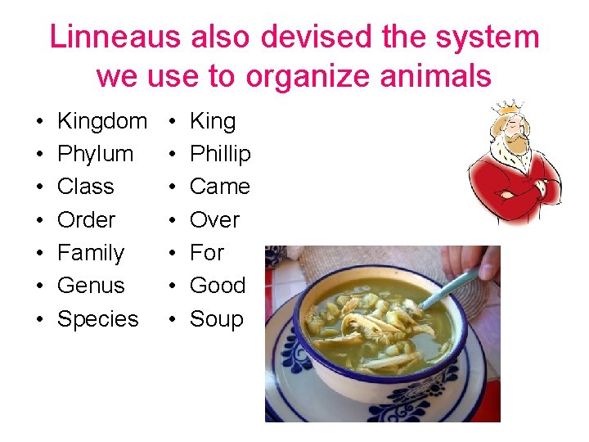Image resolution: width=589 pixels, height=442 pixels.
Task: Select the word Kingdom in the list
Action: [102, 121]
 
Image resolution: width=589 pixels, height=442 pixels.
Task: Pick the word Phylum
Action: [95, 154]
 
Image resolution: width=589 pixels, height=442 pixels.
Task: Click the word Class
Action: [86, 187]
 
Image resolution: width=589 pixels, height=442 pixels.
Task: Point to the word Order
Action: [86, 220]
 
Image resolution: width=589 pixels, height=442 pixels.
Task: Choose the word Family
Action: [90, 253]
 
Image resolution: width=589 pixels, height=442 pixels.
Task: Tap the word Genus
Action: [91, 286]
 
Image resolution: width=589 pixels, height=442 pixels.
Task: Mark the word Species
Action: [97, 319]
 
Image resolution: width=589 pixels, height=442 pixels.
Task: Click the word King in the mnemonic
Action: [213, 121]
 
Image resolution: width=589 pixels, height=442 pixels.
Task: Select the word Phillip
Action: [220, 154]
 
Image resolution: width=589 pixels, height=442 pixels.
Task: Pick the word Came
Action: [219, 187]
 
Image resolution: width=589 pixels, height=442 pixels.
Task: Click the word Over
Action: [214, 220]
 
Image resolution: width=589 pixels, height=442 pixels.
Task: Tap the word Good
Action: [218, 286]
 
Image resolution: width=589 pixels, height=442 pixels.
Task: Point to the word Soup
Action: [217, 319]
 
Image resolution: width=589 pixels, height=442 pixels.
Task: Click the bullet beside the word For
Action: [172, 254]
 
